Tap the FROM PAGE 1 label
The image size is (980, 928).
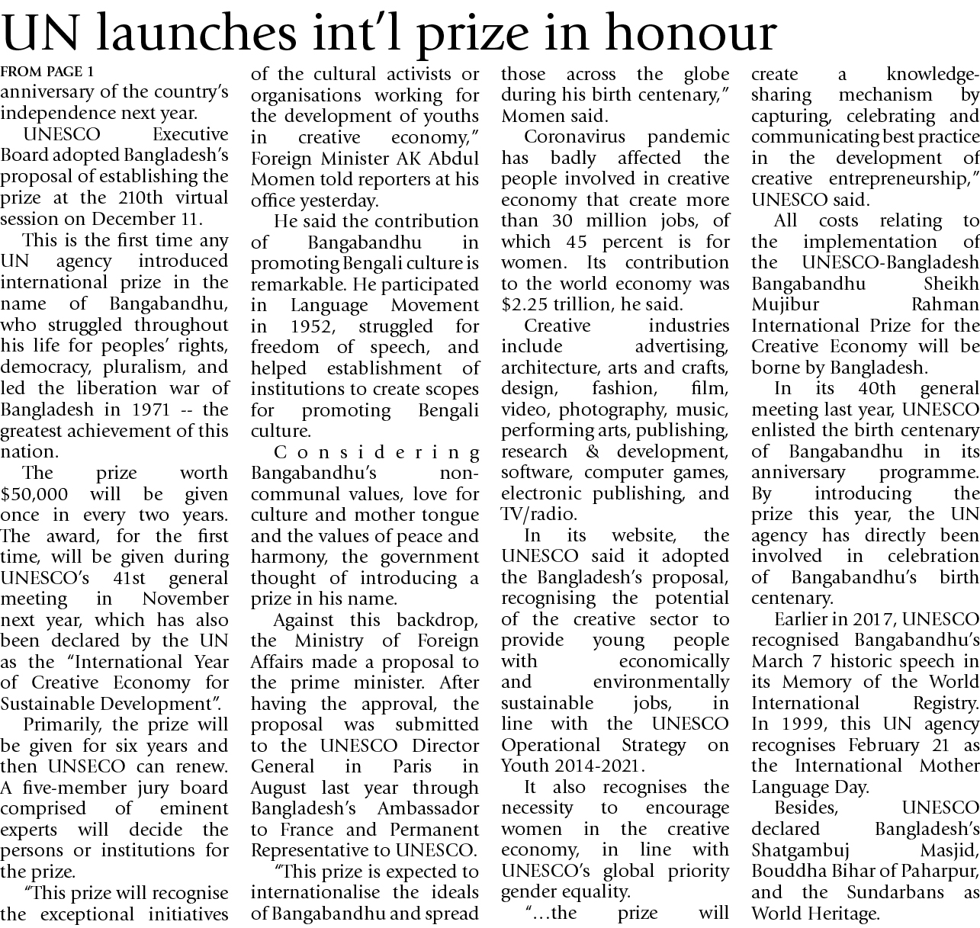click(x=47, y=73)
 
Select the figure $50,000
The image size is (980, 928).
click(x=34, y=494)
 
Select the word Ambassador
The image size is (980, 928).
click(x=432, y=808)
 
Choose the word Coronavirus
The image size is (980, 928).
click(x=574, y=137)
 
